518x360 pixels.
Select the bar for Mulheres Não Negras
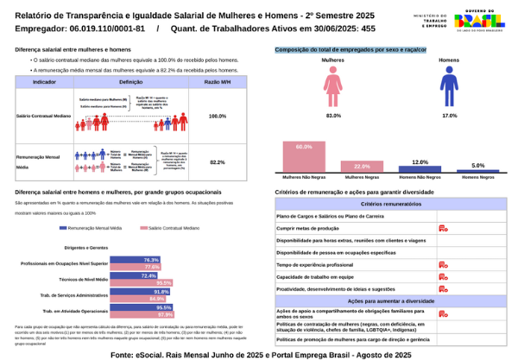303,157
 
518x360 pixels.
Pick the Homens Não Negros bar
420,169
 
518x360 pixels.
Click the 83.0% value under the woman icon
333,115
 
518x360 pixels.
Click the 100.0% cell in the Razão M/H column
218,115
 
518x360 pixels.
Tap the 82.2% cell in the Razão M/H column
218,161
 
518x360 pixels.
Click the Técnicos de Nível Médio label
83,280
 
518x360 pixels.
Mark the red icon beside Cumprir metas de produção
442,228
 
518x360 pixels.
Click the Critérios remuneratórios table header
390,204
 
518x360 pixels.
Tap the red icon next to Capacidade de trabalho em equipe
442,276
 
